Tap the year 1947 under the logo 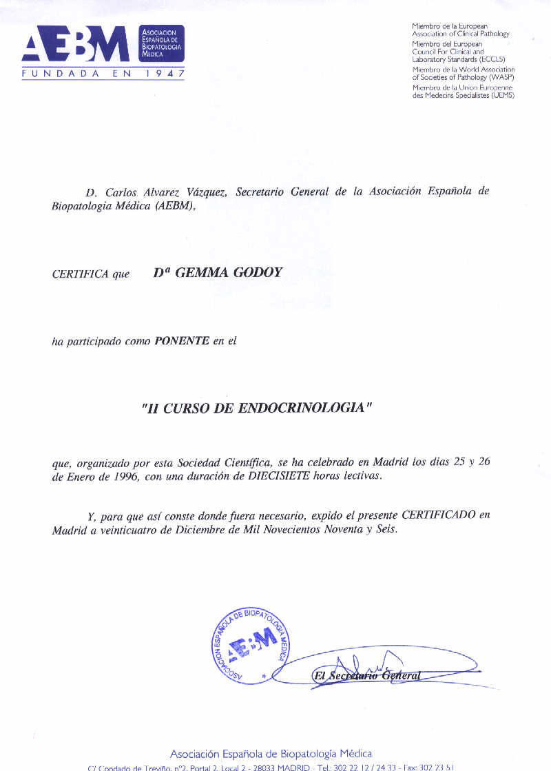pyautogui.click(x=164, y=72)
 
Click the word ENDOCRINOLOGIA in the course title pyautogui.click(x=300, y=408)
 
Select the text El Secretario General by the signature pyautogui.click(x=366, y=676)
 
